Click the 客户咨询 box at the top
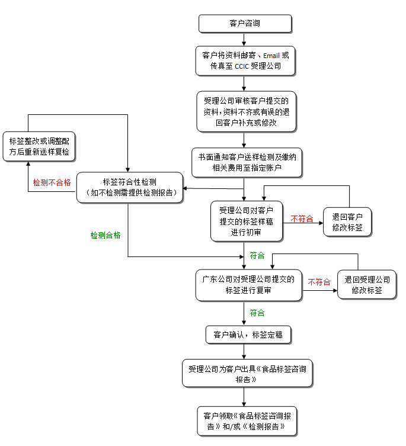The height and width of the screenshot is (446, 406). coord(245,24)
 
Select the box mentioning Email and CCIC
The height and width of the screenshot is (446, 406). coord(245,61)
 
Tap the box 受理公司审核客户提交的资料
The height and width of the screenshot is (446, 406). coord(245,111)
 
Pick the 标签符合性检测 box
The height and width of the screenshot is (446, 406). coord(130,187)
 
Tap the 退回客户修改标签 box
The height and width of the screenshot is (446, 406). coord(347,222)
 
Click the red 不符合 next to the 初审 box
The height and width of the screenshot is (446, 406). coord(302,219)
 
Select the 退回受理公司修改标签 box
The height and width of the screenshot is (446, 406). coord(367,285)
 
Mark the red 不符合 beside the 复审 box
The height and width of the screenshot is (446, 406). coord(319,283)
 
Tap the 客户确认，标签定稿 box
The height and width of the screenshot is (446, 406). coord(248,335)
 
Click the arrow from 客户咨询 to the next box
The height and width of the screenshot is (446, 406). coord(244,39)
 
